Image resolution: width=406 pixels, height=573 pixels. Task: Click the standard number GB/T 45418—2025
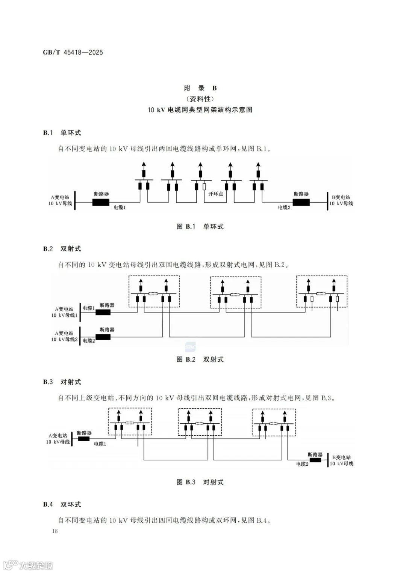73,53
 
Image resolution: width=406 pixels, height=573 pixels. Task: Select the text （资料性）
200,99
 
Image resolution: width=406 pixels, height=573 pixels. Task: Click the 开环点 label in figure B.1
216,194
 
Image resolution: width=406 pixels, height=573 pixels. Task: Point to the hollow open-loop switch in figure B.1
204,186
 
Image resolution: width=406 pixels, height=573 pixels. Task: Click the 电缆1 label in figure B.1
120,207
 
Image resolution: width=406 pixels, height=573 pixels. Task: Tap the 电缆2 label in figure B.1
284,207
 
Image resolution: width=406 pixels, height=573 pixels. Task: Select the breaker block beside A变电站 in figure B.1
101,202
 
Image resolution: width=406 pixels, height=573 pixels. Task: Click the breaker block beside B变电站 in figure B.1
301,202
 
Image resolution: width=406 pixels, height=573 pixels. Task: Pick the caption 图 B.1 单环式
200,227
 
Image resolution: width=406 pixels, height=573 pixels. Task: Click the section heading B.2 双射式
62,249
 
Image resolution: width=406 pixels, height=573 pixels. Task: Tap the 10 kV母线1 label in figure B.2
64,315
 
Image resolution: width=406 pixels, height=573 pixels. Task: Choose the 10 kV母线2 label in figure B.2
64,339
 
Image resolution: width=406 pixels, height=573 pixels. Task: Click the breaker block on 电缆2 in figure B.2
103,337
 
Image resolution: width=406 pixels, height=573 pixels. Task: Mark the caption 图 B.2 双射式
200,359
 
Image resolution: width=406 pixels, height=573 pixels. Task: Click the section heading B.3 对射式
62,382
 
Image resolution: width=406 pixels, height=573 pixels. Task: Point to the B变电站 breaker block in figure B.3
315,460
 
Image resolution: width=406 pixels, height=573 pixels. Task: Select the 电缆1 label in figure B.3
100,444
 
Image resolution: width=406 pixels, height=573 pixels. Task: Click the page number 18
55,531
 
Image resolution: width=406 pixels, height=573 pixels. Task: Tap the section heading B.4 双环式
62,504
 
